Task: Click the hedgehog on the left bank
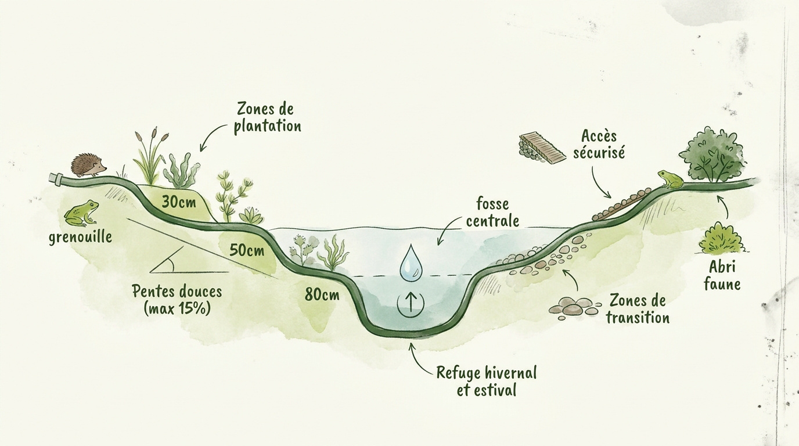88,166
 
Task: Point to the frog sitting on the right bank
670,179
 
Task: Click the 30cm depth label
179,202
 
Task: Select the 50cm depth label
247,250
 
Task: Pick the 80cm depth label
322,295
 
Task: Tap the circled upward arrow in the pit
411,304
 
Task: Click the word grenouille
80,237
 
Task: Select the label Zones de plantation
267,117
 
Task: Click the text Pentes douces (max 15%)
177,300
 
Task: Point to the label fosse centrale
492,213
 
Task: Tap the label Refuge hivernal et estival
487,381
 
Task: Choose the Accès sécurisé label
599,145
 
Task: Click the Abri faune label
722,276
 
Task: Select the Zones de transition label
638,309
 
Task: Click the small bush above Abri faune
721,239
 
